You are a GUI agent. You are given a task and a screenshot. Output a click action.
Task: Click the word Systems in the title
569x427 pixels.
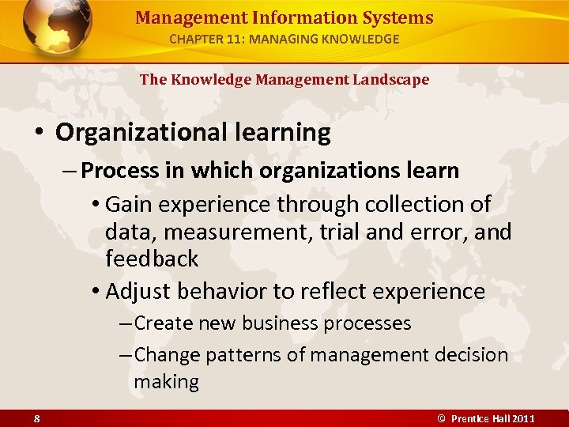tap(394, 17)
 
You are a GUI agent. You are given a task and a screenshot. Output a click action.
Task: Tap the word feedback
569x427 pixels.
tap(152, 259)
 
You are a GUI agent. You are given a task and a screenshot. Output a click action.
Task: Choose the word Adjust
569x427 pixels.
tap(138, 291)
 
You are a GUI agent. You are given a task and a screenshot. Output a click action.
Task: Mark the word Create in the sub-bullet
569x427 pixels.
tap(164, 323)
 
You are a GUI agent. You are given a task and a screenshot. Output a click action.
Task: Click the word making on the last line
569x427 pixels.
tap(166, 382)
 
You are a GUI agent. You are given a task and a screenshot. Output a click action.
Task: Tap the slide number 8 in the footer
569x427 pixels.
tap(37, 418)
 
